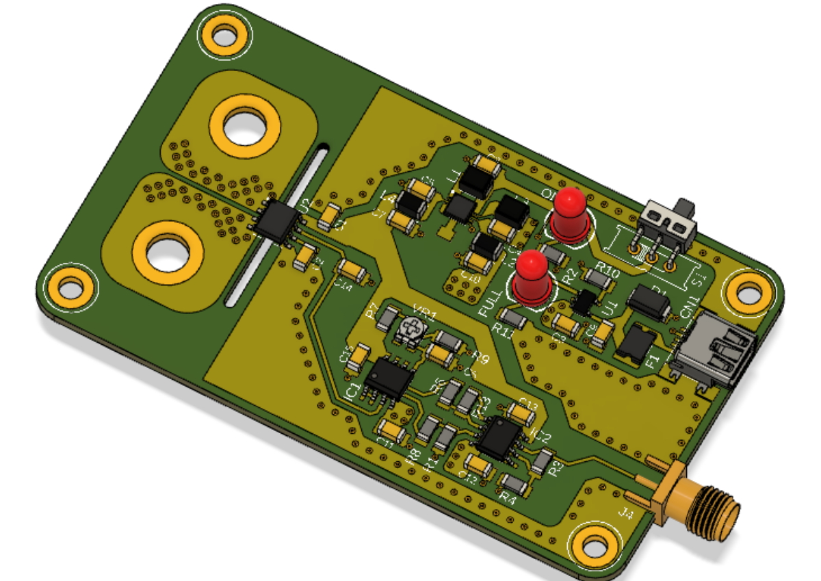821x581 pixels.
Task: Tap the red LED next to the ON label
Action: tap(569, 212)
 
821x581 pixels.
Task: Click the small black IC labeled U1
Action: tap(584, 302)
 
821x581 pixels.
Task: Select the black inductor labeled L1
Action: tap(473, 181)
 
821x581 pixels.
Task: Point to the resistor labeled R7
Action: tap(388, 317)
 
